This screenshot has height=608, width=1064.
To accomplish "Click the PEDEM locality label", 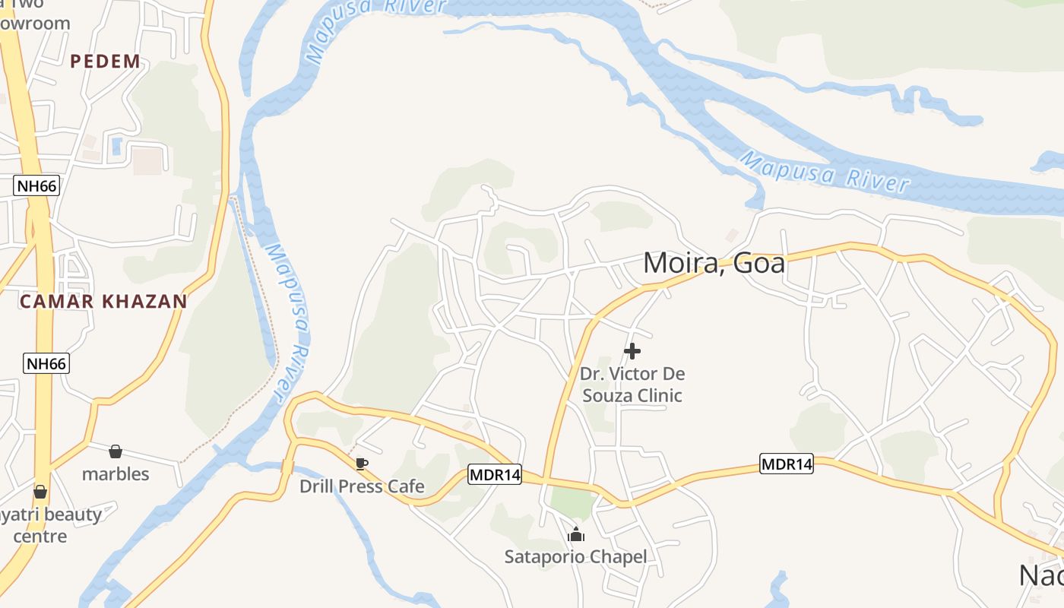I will [106, 62].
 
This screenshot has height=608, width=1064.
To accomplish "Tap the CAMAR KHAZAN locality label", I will [103, 302].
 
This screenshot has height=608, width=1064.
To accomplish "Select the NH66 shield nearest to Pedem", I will [36, 185].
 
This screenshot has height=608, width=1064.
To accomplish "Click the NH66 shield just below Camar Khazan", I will [47, 363].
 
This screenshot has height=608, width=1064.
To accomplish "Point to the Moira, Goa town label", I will [714, 263].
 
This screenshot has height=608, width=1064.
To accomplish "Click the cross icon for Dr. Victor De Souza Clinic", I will [632, 351].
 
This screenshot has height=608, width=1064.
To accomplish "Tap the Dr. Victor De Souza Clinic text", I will [632, 385].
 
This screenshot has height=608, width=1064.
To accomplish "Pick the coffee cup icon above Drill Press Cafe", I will [362, 464].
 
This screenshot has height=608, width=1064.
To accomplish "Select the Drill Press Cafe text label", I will [362, 486].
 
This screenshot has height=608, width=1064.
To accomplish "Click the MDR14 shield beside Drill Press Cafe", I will [495, 475].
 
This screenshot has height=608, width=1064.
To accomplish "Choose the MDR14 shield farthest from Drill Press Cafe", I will [787, 464].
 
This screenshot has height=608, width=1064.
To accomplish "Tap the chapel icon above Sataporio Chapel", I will [576, 535].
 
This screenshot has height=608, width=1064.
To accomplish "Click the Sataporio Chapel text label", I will [576, 557].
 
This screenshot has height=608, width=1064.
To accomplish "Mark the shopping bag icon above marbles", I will [116, 451].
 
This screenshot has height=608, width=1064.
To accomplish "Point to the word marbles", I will [116, 474].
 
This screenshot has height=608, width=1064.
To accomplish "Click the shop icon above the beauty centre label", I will [40, 492].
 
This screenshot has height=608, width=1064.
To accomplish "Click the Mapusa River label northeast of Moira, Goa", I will [825, 172].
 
